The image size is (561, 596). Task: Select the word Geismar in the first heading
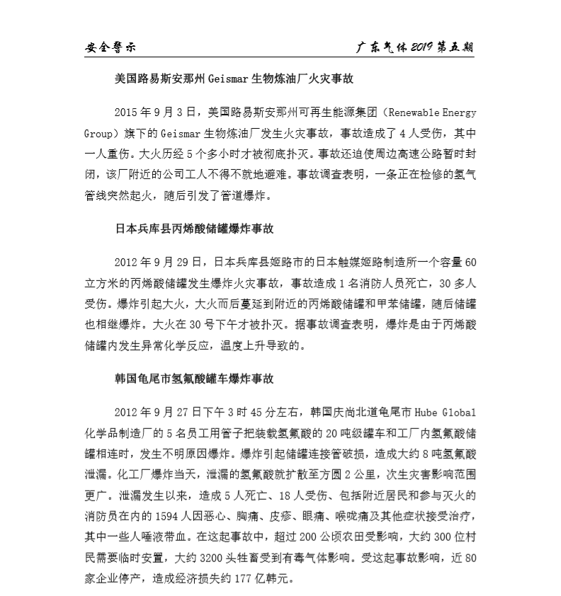coord(228,80)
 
